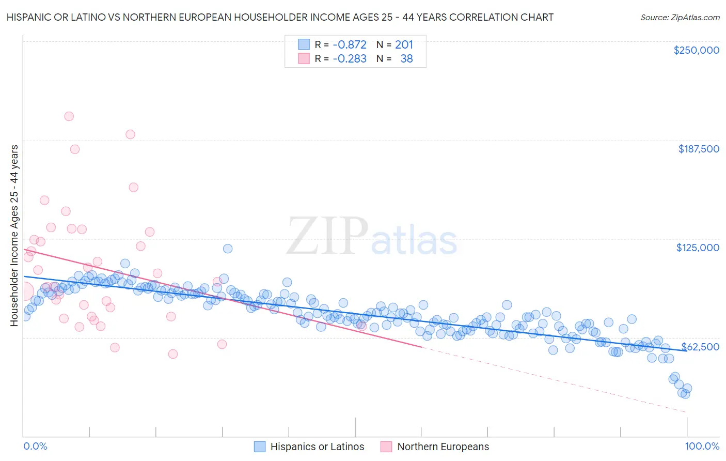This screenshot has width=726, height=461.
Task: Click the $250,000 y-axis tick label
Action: [x=696, y=50]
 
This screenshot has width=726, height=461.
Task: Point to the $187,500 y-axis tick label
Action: [x=698, y=149]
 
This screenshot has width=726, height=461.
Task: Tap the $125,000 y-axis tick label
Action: [x=698, y=248]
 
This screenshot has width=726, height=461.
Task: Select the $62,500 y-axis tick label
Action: [x=700, y=347]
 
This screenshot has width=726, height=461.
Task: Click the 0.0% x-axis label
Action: [x=35, y=446]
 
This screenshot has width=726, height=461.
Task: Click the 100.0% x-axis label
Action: [x=702, y=446]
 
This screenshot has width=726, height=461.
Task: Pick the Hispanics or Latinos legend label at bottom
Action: [x=317, y=447]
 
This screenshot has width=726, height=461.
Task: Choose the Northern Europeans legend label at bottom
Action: [x=443, y=447]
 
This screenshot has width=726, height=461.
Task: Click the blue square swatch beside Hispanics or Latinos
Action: [x=260, y=447]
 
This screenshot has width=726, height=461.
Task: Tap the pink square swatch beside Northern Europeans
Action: [x=386, y=447]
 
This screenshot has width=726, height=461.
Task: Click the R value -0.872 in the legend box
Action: [x=349, y=45]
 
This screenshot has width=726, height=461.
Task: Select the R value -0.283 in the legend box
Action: [x=349, y=59]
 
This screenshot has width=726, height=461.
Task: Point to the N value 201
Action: [x=404, y=45]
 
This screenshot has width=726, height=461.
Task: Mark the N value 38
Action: [x=406, y=59]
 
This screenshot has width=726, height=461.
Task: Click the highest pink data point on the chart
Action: [x=69, y=116]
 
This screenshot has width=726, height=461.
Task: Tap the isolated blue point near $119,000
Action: [x=228, y=249]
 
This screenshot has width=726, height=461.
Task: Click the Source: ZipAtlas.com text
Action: [x=680, y=18]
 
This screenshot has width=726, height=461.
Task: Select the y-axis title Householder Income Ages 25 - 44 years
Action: [x=14, y=236]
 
